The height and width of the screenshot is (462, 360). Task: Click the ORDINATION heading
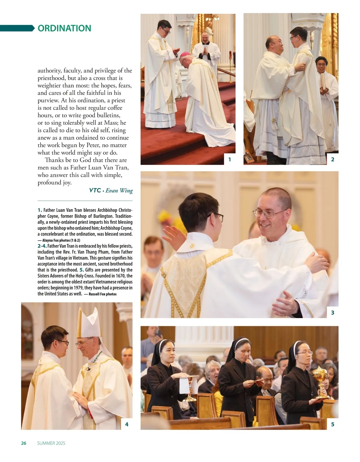[64, 28]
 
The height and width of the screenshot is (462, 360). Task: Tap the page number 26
[24, 443]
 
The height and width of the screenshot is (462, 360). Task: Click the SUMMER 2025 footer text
[51, 443]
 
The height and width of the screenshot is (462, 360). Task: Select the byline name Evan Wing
[119, 190]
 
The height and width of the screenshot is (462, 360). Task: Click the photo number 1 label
[230, 160]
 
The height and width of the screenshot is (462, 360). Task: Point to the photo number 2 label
[332, 160]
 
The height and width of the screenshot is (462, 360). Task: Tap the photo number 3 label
[332, 313]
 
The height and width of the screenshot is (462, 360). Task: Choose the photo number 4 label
[127, 424]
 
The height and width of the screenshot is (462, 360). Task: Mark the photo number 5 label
[332, 424]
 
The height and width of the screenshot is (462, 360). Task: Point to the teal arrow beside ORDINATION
[17, 28]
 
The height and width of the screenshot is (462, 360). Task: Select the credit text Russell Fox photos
[103, 294]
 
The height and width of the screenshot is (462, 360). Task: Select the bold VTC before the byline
[95, 190]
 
